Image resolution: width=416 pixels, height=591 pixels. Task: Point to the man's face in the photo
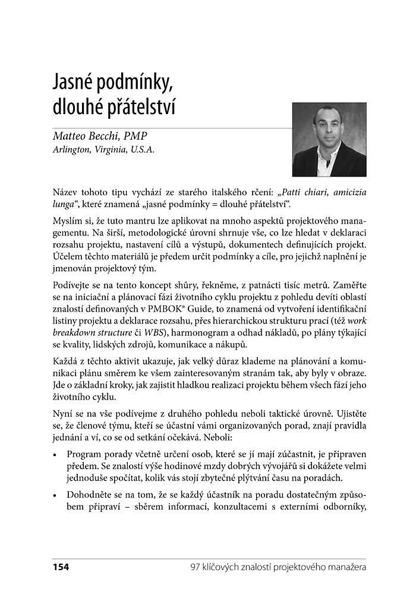click(x=327, y=127)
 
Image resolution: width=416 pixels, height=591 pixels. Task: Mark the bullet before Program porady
click(x=55, y=454)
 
